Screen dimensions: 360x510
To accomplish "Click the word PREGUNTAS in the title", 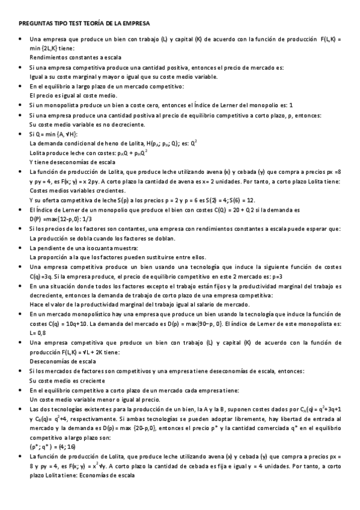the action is [x=32, y=23].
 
